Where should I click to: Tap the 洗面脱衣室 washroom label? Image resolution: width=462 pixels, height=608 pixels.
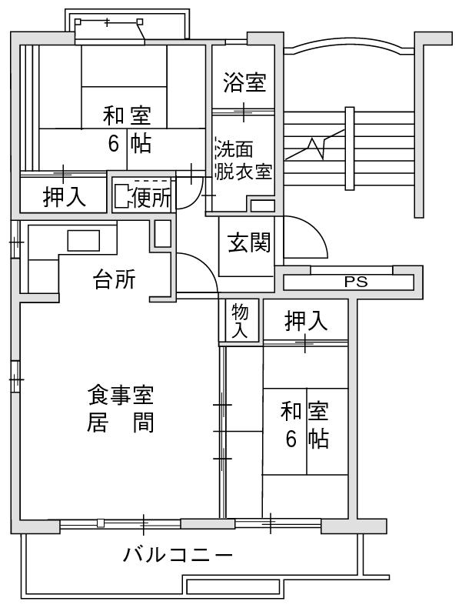(244, 160)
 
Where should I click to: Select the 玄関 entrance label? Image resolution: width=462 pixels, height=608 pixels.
(249, 242)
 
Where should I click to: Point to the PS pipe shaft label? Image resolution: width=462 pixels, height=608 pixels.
(356, 282)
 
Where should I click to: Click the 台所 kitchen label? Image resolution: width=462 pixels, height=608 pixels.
(115, 279)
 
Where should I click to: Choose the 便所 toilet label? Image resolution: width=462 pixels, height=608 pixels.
(151, 198)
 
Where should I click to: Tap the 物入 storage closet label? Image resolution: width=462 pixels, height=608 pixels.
(240, 320)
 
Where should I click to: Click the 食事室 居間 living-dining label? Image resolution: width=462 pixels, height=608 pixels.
(121, 408)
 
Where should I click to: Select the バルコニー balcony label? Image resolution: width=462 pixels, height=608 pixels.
(178, 555)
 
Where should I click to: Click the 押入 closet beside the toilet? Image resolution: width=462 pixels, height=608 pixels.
(64, 196)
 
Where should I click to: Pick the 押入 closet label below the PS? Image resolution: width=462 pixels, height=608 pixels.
(306, 321)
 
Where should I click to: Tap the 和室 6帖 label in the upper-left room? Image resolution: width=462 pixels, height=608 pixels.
(127, 129)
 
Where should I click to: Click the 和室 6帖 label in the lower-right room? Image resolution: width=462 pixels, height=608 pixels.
(304, 426)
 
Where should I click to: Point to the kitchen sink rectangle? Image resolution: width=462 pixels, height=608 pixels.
(84, 240)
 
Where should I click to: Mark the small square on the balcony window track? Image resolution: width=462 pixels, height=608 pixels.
(101, 523)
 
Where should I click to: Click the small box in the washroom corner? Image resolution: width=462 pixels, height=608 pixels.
(262, 205)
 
